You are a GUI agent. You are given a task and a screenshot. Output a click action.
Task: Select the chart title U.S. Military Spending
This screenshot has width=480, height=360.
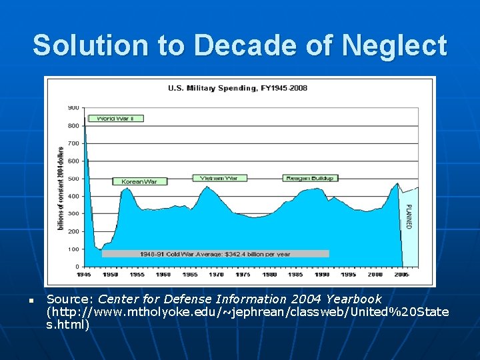click(x=237, y=88)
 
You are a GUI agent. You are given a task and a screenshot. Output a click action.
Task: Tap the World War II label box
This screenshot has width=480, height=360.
click(x=115, y=118)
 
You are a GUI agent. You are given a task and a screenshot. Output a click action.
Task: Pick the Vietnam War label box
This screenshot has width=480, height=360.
click(x=220, y=178)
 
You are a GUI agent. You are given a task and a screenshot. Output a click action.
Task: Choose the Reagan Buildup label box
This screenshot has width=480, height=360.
click(x=311, y=178)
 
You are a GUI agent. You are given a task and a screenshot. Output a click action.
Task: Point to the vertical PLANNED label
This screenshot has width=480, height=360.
click(x=409, y=216)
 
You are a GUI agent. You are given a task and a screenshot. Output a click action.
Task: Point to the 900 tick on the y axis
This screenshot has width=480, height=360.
click(x=73, y=107)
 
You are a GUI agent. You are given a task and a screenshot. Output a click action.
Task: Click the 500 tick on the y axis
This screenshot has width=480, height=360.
click(x=73, y=178)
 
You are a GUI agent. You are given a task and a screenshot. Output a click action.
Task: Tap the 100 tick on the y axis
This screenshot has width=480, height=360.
click(x=73, y=249)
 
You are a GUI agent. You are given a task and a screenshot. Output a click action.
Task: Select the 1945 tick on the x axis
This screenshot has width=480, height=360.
click(x=84, y=274)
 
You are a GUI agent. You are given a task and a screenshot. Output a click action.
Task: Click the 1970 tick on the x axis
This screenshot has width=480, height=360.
click(x=216, y=274)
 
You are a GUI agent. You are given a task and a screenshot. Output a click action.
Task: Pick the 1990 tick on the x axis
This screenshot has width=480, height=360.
click(x=322, y=274)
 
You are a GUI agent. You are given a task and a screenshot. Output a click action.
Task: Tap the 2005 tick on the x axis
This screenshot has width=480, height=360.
click(x=401, y=274)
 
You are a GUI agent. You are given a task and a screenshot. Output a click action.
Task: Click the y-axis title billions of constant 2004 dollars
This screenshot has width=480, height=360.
click(x=61, y=189)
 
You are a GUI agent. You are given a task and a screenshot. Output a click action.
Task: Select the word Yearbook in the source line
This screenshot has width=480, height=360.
click(x=357, y=299)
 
